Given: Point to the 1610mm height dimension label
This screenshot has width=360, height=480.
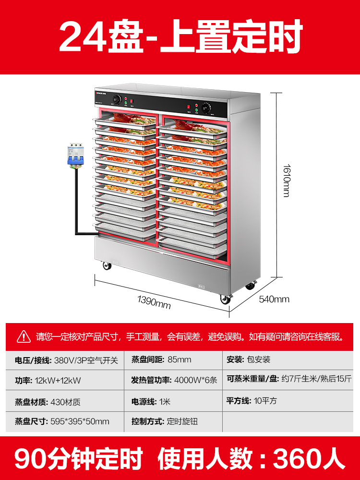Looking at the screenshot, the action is click(286, 180).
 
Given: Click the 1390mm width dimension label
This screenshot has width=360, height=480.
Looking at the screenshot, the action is click(154, 302).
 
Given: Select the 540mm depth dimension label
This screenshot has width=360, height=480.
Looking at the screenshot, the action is click(274, 299).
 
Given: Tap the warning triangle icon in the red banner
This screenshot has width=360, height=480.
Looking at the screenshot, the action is click(24, 336).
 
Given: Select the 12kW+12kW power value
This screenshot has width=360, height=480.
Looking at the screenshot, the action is click(58, 380).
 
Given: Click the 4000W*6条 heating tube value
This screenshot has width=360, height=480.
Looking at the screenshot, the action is click(195, 380).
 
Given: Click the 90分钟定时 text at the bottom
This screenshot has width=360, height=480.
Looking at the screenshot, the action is click(79, 458).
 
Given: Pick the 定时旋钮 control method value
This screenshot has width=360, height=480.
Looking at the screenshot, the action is click(182, 421).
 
